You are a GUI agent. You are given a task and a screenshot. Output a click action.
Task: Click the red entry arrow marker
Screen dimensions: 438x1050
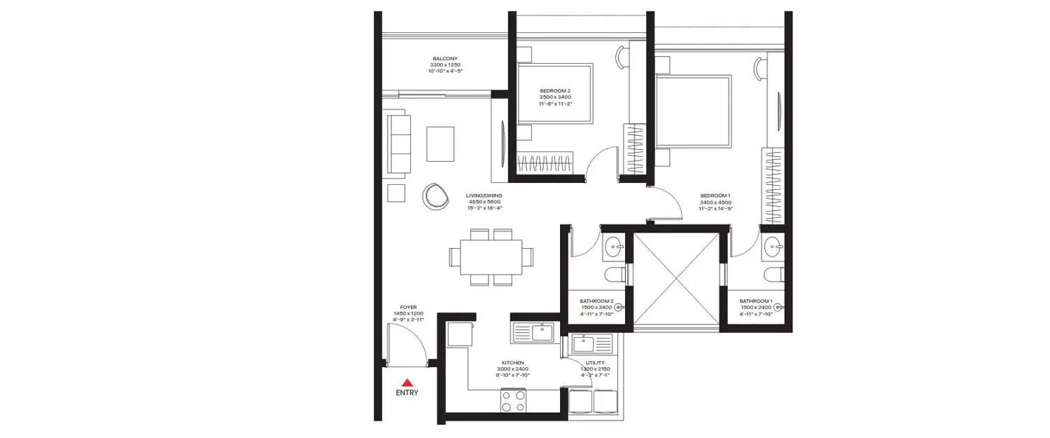click(407, 383)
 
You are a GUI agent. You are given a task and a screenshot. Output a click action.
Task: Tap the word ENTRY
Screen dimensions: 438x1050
click(407, 393)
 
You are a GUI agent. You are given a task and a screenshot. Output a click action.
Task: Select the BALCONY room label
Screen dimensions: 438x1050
click(444, 59)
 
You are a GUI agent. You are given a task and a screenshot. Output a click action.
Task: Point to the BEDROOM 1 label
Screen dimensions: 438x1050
click(715, 196)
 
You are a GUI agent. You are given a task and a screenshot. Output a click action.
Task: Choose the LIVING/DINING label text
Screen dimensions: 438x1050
click(484, 196)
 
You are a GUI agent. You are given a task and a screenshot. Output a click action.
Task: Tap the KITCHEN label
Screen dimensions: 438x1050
click(512, 362)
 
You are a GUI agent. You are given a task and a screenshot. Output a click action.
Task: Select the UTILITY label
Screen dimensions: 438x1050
click(595, 362)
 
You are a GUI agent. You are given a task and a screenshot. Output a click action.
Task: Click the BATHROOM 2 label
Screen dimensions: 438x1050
click(596, 301)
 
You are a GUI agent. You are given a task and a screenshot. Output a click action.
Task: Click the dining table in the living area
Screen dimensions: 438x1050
click(491, 257)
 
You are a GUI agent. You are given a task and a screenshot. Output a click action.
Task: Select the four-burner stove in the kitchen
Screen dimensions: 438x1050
click(513, 401)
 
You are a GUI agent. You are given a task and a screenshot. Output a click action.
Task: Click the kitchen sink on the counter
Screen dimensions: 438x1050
click(542, 332)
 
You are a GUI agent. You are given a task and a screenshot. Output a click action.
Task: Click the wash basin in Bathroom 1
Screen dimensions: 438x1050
click(774, 246)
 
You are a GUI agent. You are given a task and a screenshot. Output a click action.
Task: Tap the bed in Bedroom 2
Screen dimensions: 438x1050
click(555, 94)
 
